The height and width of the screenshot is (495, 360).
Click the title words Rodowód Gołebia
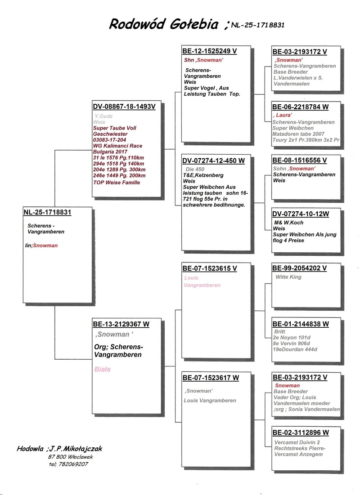[164, 24]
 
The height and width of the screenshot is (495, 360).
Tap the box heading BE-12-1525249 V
[209, 51]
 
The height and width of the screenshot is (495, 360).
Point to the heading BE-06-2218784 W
[301, 107]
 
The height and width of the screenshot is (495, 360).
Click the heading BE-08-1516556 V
[299, 160]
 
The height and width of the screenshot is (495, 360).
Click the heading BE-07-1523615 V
[209, 268]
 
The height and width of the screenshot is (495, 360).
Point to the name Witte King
[288, 277]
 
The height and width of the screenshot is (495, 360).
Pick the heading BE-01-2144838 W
[301, 324]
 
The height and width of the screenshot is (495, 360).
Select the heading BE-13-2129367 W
[121, 324]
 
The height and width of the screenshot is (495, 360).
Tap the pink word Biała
[103, 369]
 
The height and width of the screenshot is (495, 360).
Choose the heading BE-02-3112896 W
[301, 433]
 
